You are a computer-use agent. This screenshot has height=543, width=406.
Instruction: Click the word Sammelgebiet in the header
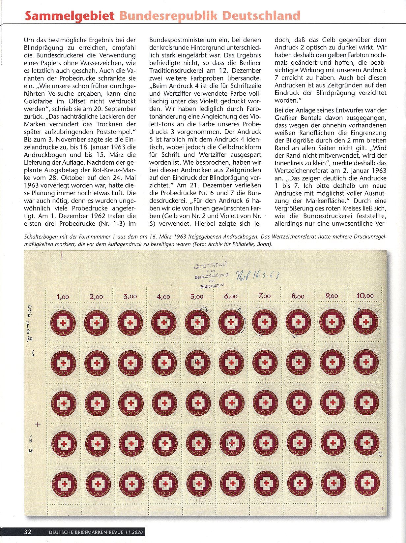[x=70, y=16]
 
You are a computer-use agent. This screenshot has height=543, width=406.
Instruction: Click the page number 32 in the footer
[x=28, y=532]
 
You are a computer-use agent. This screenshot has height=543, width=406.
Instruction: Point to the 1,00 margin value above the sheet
[x=63, y=297]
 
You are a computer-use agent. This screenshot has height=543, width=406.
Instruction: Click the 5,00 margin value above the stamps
[x=197, y=297]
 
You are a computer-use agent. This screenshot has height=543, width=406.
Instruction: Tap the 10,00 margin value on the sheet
[x=365, y=296]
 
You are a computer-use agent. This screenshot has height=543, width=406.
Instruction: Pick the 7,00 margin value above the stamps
[x=264, y=296]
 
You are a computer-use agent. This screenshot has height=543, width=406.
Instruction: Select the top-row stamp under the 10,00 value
[x=365, y=321]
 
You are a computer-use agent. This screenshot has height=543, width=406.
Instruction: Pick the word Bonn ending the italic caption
[x=264, y=244]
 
